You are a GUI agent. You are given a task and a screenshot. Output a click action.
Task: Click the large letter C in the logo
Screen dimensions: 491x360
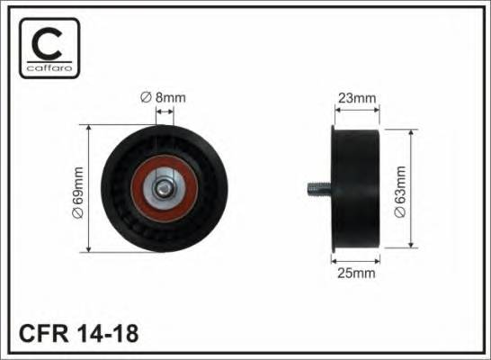click(x=48, y=44)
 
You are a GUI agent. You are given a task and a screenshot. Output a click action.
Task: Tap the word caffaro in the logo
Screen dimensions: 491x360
click(x=49, y=67)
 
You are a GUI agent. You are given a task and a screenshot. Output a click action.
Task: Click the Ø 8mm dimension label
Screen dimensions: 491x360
click(x=163, y=97)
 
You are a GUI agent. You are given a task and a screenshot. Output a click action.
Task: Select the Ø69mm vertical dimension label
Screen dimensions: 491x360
click(x=78, y=193)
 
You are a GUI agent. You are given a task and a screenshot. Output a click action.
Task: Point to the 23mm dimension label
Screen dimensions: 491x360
click(x=357, y=98)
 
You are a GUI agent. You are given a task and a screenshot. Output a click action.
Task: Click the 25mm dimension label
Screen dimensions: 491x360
click(x=356, y=274)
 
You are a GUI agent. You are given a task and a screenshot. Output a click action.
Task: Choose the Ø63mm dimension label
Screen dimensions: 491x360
click(x=400, y=192)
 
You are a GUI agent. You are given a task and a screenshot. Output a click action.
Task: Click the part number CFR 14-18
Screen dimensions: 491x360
click(x=78, y=333)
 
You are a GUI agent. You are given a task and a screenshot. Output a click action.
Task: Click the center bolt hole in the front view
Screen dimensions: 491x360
click(x=163, y=188)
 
